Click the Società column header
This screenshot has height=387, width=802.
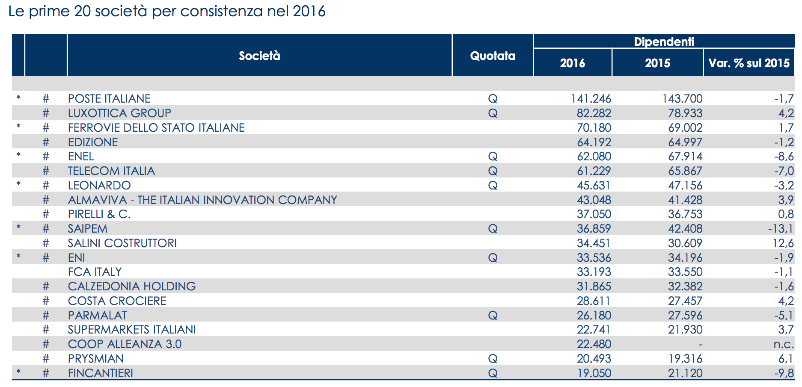pyautogui.click(x=259, y=56)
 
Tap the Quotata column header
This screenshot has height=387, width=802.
pyautogui.click(x=493, y=56)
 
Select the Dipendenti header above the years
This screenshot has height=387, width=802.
pyautogui.click(x=664, y=41)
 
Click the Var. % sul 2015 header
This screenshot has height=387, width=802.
pyautogui.click(x=749, y=63)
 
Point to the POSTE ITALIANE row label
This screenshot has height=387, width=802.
pyautogui.click(x=109, y=99)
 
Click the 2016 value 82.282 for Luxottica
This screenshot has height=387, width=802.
pyautogui.click(x=594, y=113)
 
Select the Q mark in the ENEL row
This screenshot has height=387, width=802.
pyautogui.click(x=493, y=157)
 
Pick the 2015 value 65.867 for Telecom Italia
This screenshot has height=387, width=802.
pyautogui.click(x=685, y=171)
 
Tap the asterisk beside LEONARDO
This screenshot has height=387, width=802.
pyautogui.click(x=18, y=184)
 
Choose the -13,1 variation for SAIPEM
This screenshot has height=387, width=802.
pyautogui.click(x=781, y=229)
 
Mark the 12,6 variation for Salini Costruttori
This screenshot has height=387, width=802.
pyautogui.click(x=783, y=243)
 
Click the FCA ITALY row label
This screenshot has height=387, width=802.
pyautogui.click(x=95, y=272)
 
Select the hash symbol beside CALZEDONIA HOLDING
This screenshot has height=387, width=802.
pyautogui.click(x=46, y=287)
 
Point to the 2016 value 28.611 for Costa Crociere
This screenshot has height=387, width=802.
pyautogui.click(x=594, y=301)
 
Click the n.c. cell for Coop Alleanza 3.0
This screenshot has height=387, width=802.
pyautogui.click(x=784, y=344)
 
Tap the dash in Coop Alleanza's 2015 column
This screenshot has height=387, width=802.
pyautogui.click(x=700, y=344)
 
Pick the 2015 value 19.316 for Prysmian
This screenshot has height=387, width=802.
pyautogui.click(x=685, y=359)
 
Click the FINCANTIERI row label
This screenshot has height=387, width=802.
pyautogui.click(x=101, y=373)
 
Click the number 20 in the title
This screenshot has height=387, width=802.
pyautogui.click(x=82, y=12)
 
